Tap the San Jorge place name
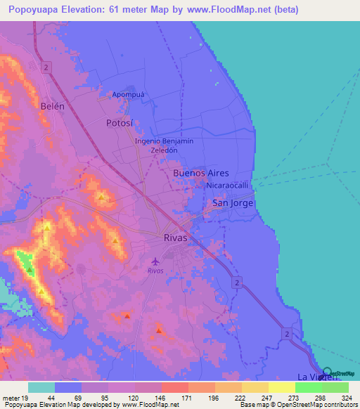click(x=232, y=203)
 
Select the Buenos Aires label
click(x=200, y=172)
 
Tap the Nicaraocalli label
click(x=228, y=186)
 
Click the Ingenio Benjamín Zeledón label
click(x=164, y=145)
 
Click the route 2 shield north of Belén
click(x=45, y=67)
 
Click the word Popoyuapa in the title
click(x=37, y=10)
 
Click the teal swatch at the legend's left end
click(x=41, y=387)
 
